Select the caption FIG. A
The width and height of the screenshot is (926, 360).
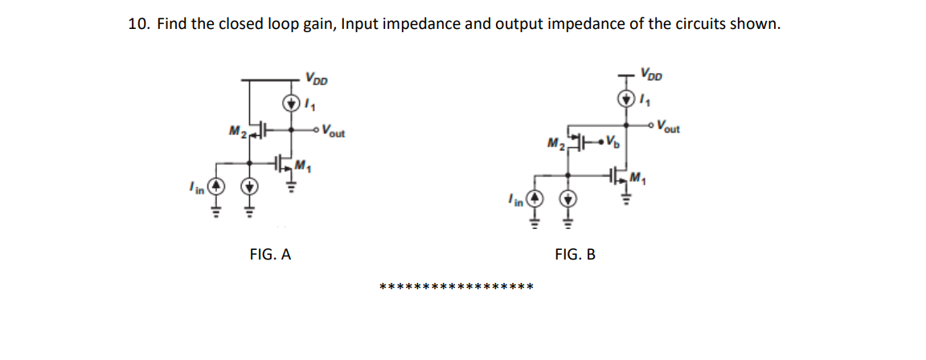tap(270, 255)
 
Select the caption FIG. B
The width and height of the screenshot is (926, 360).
tap(575, 255)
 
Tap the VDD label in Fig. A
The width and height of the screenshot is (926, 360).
tap(316, 79)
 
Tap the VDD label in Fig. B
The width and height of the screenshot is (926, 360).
tap(653, 74)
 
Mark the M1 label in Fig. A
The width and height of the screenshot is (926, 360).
tap(303, 167)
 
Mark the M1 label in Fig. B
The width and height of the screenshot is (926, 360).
tap(639, 177)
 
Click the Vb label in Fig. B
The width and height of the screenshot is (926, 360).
tap(613, 145)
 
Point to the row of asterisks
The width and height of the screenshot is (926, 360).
tap(456, 287)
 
